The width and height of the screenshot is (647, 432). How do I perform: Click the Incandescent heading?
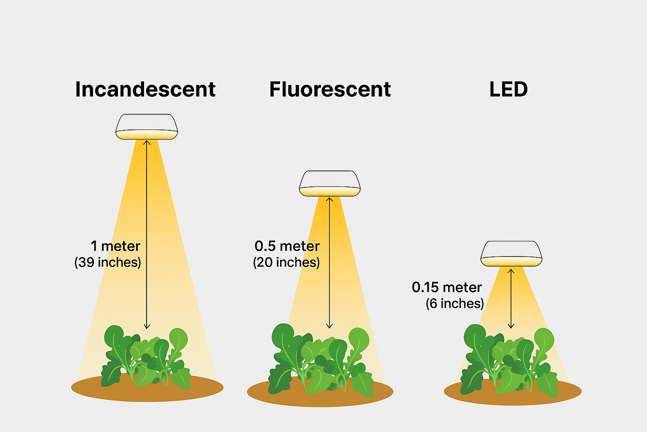pyautogui.click(x=145, y=89)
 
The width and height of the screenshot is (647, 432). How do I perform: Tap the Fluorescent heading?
pyautogui.click(x=330, y=89)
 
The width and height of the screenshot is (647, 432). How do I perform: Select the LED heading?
pyautogui.click(x=509, y=89)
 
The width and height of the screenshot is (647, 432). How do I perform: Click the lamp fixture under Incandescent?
pyautogui.click(x=147, y=127)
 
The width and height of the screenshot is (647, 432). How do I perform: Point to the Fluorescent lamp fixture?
pyautogui.click(x=330, y=184)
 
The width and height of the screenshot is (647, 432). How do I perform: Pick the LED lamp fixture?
pyautogui.click(x=511, y=254)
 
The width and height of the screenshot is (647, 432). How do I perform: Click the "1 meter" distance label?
pyautogui.click(x=115, y=246)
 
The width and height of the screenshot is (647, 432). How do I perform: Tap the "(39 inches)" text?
pyautogui.click(x=108, y=262)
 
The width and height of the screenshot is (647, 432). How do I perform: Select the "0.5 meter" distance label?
pyautogui.click(x=287, y=246)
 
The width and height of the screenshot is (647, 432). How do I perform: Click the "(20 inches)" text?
pyautogui.click(x=286, y=262)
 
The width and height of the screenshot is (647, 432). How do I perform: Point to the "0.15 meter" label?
pyautogui.click(x=447, y=287)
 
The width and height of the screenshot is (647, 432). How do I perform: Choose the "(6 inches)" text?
pyautogui.click(x=455, y=303)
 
